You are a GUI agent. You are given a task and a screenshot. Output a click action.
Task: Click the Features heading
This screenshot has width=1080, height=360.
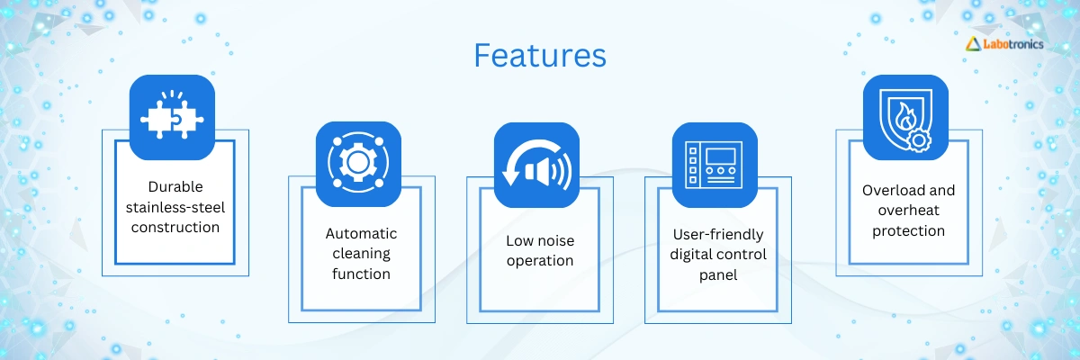540,56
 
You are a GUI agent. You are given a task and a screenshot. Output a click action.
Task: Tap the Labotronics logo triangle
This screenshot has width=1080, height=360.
974,44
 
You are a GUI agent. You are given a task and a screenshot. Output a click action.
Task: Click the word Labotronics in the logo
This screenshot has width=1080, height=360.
1013,44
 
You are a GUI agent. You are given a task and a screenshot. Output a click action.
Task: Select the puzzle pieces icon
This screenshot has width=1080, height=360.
172,117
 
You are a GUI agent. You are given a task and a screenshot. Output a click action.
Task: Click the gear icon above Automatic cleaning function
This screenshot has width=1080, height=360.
358,164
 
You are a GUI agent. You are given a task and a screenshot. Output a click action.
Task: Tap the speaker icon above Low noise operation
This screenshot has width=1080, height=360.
536,165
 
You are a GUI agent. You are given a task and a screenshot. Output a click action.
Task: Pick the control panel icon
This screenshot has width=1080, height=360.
715,165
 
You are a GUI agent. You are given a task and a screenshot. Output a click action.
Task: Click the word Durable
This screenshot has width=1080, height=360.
175,187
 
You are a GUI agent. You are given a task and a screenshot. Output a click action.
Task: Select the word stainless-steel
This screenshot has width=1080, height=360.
175,208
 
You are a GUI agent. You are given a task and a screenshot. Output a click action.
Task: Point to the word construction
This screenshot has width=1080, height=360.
175,228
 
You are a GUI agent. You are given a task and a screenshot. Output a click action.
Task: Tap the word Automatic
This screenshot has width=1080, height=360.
361,234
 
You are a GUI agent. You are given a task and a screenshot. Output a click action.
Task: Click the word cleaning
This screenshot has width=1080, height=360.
361,254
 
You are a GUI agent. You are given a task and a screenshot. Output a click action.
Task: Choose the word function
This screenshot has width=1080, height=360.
361,274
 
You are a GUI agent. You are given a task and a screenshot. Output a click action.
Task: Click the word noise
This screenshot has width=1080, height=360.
557,241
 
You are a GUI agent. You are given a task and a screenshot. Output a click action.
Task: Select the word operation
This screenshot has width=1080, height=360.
540,261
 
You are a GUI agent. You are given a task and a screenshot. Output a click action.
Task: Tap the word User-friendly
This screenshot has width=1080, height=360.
718,235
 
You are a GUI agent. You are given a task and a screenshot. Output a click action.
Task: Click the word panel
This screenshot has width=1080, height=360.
718,275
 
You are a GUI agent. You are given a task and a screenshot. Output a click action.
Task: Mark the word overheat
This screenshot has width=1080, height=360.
909,211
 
